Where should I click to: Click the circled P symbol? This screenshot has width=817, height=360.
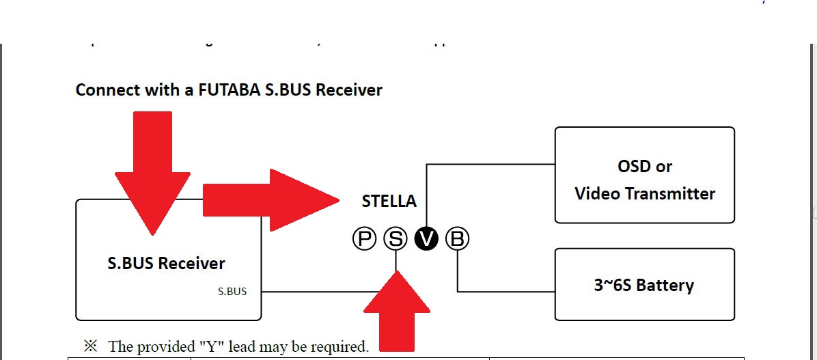point(365,238)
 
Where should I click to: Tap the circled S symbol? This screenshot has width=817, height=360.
point(395,238)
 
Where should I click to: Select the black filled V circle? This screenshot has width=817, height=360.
point(426,238)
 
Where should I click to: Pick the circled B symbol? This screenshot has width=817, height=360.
point(458,238)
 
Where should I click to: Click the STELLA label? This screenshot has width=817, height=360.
point(389,202)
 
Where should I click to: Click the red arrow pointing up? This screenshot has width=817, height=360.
point(396,311)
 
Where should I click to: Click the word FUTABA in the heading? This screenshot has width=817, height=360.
point(226,89)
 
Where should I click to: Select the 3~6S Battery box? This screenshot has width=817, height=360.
point(644,284)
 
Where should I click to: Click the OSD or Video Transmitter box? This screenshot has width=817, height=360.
point(644,175)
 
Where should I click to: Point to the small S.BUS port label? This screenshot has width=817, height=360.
point(232,292)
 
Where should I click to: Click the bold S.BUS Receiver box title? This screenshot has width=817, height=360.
point(166,263)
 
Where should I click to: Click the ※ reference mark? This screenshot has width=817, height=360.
point(90,346)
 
